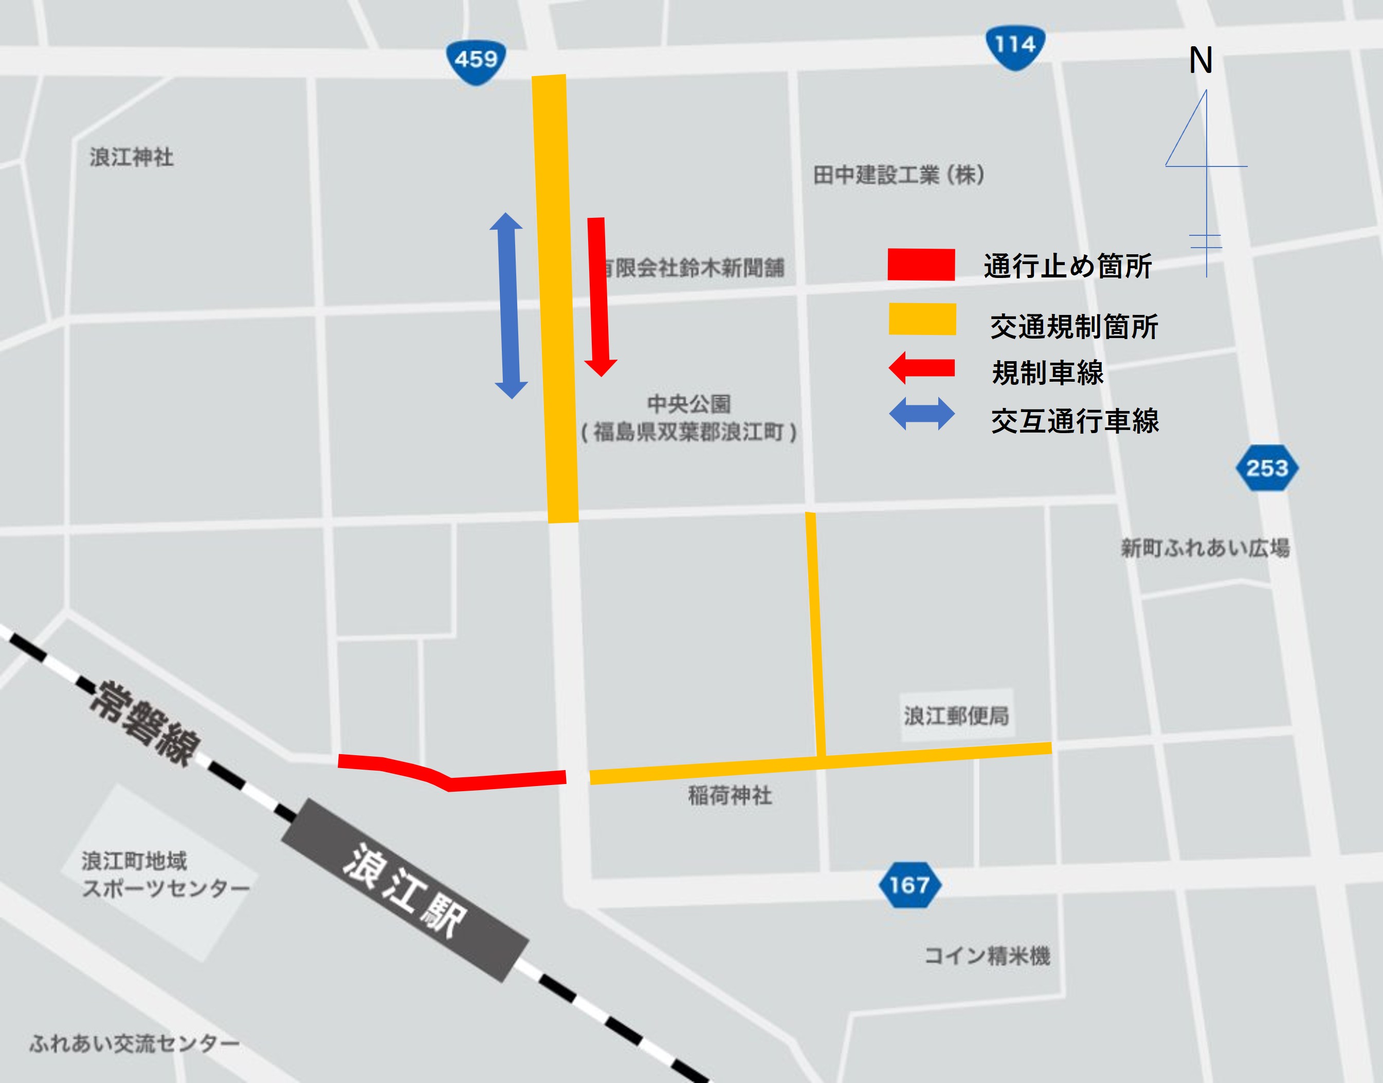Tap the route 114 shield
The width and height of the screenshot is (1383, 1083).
(x=1015, y=46)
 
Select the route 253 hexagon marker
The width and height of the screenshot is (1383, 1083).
(x=1267, y=469)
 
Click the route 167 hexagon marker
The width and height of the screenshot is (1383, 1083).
(x=909, y=885)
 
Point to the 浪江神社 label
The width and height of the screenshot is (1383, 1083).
(x=131, y=157)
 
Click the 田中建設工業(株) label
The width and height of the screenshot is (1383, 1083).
(x=899, y=175)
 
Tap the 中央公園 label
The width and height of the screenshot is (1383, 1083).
(x=689, y=404)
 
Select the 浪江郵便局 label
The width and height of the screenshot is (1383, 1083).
(x=956, y=716)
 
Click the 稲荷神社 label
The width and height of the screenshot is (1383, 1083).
(x=730, y=795)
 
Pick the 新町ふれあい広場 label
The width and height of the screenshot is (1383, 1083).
(x=1205, y=548)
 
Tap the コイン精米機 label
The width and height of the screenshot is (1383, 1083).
(x=987, y=955)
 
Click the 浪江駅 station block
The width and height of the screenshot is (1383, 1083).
(x=405, y=890)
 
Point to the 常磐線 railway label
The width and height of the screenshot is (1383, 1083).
(x=147, y=723)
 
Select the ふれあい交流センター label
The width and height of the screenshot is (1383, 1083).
(x=135, y=1043)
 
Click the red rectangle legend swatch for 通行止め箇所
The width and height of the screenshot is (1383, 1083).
(x=921, y=265)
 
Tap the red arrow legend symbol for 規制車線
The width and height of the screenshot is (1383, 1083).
(x=921, y=368)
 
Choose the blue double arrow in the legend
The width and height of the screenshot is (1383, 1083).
(x=921, y=415)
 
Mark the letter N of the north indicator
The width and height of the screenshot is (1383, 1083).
(x=1200, y=61)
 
